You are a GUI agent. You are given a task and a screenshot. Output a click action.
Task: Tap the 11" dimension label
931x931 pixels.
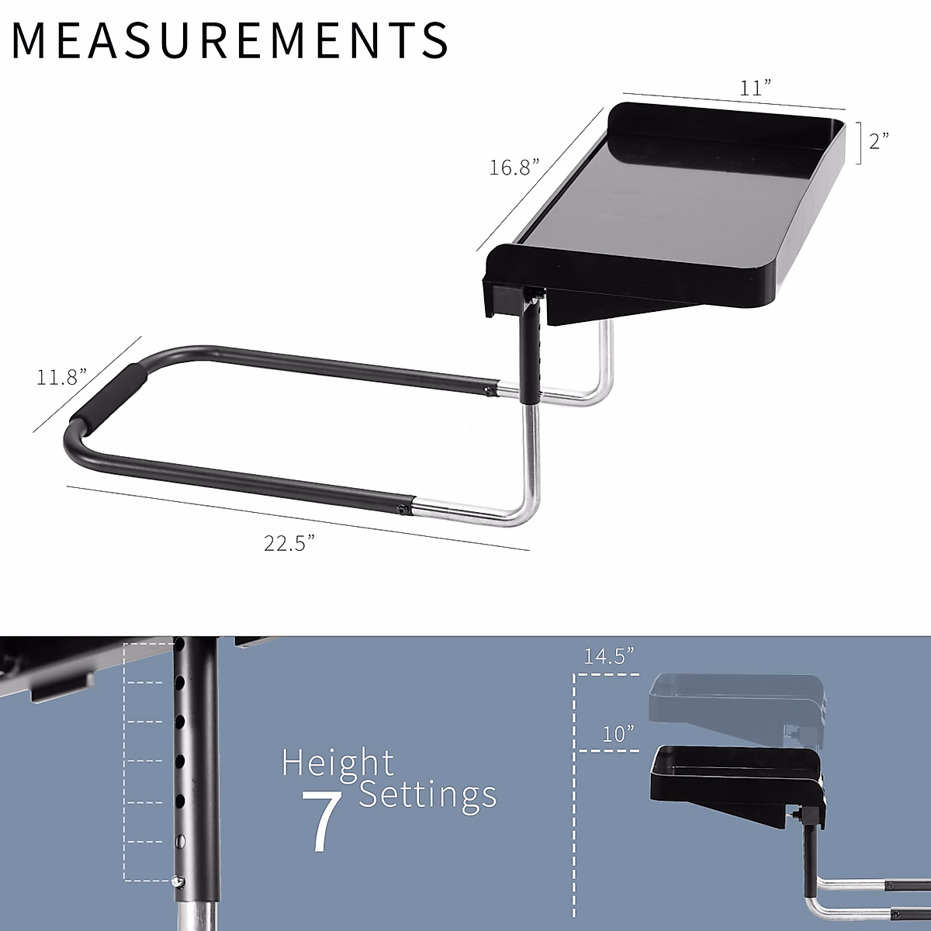[x=750, y=88]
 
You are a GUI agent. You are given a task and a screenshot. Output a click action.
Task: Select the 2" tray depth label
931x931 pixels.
[x=878, y=140]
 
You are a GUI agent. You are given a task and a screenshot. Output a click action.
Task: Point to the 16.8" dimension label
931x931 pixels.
[x=514, y=167]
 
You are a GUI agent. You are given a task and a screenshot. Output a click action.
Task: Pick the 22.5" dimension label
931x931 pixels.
[x=289, y=543]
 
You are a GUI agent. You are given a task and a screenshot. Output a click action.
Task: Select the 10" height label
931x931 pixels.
[x=618, y=733]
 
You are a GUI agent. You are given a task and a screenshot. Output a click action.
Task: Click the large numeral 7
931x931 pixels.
[x=321, y=822]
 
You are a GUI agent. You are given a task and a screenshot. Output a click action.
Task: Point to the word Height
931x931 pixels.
[x=337, y=763]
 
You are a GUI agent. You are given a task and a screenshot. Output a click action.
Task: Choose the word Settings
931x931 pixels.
[x=427, y=794]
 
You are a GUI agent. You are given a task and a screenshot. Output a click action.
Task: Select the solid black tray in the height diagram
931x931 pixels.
[x=733, y=780]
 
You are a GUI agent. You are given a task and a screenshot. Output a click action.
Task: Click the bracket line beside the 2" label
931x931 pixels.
[x=859, y=142]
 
